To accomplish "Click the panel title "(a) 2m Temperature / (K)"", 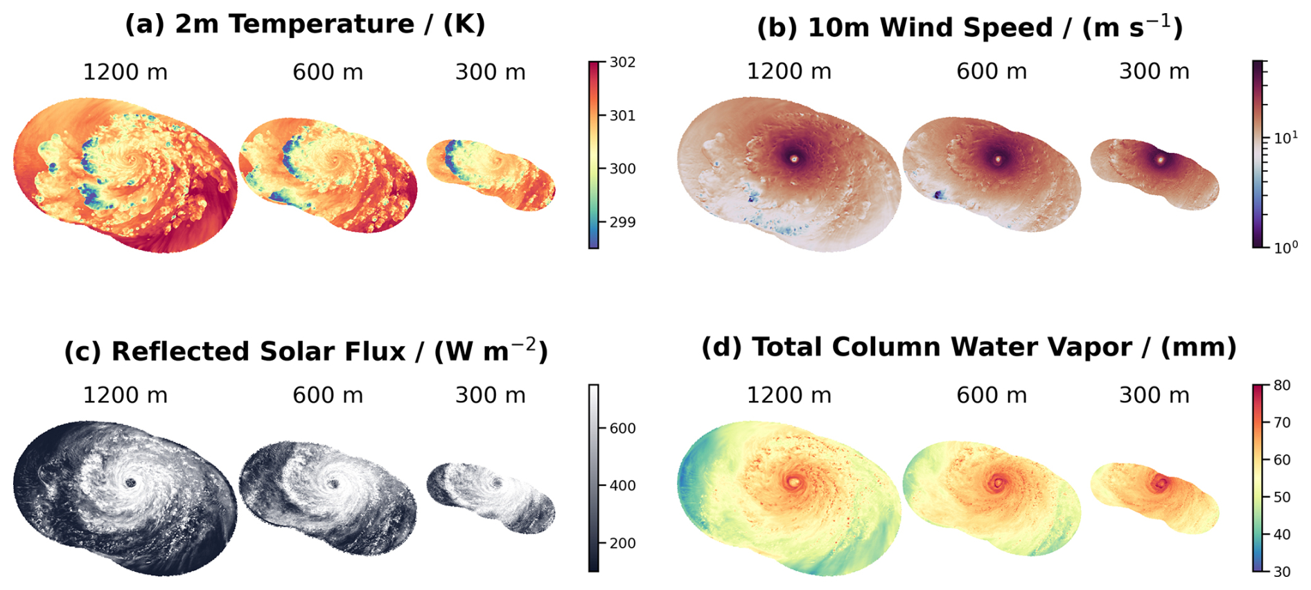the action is tap(305, 24).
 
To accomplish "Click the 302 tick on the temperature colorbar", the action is tap(622, 62).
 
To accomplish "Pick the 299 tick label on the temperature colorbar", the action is tap(622, 222).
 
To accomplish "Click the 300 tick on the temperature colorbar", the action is tap(622, 169).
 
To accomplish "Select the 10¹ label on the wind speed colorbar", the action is tap(1286, 138).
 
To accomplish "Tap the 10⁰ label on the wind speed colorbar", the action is tap(1286, 247).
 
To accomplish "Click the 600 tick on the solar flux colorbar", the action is tap(622, 429).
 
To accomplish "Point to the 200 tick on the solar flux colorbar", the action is tap(622, 544).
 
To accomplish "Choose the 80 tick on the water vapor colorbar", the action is tap(1282, 386).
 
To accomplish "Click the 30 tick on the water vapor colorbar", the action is tap(1282, 572).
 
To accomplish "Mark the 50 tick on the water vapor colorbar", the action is tap(1282, 497).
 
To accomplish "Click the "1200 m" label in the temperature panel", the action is tap(125, 72).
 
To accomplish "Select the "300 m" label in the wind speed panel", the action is tap(1154, 71).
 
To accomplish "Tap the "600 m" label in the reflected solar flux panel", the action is tap(328, 395).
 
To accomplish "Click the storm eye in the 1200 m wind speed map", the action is tap(794, 159).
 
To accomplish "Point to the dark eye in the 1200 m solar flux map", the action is tap(130, 483).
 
